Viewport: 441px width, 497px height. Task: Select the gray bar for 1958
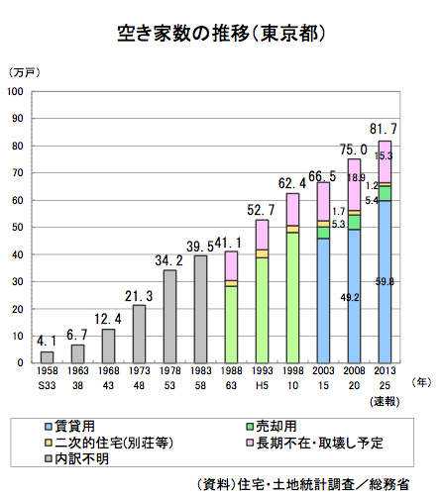tap(47, 357)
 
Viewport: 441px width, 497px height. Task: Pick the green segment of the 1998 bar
tap(292, 297)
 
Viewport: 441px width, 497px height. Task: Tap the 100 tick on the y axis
tap(16, 91)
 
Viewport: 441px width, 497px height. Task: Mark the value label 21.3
tap(139, 296)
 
